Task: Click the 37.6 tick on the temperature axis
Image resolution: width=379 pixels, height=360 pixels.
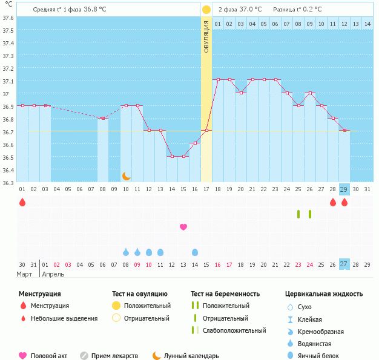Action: click(x=8, y=18)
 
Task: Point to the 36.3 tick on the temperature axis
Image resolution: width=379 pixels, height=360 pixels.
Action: click(x=8, y=182)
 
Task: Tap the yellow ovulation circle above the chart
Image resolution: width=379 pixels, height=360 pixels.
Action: click(x=206, y=10)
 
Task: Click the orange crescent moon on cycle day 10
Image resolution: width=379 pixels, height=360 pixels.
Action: click(x=126, y=176)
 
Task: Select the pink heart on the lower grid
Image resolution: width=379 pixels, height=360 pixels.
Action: click(x=183, y=227)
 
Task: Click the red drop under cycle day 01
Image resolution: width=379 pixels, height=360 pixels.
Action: click(x=22, y=203)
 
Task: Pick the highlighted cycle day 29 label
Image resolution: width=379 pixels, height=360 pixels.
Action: click(x=344, y=189)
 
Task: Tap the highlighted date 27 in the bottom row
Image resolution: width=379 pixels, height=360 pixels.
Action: click(x=344, y=264)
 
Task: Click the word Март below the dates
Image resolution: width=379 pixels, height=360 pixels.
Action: click(x=24, y=275)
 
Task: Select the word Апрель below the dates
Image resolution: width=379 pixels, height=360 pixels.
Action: click(x=53, y=275)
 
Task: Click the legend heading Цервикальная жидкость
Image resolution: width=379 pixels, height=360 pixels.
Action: click(x=324, y=294)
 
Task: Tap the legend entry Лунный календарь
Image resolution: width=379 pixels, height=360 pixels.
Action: click(x=191, y=356)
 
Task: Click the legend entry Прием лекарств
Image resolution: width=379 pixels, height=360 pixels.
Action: click(x=114, y=356)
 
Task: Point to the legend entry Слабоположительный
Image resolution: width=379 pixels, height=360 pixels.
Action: click(x=234, y=330)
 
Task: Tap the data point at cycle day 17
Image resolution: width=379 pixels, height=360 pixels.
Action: click(x=206, y=130)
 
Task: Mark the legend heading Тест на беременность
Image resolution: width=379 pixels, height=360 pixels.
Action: click(x=225, y=294)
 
